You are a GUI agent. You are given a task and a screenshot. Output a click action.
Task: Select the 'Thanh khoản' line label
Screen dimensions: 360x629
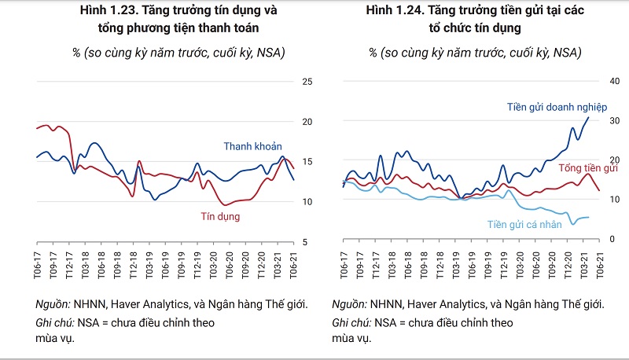[252, 146]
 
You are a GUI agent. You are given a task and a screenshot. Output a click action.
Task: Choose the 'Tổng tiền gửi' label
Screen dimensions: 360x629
[588, 168]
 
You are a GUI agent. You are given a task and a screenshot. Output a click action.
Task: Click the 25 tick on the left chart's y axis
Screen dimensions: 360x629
[308, 82]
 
